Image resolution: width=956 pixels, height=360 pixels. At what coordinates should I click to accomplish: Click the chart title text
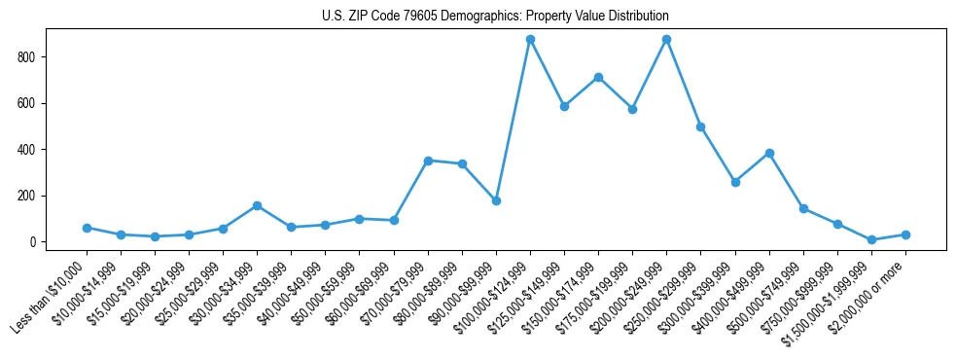[x=495, y=17]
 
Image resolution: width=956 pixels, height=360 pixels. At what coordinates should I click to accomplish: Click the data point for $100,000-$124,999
[x=530, y=40]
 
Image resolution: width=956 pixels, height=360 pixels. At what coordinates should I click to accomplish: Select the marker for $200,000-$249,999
[x=666, y=40]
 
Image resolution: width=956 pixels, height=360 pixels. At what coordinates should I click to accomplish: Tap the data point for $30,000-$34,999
[x=257, y=205]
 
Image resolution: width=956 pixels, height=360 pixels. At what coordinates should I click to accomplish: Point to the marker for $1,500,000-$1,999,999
[x=871, y=239]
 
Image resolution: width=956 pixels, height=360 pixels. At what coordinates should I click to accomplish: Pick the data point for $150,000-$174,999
[x=598, y=77]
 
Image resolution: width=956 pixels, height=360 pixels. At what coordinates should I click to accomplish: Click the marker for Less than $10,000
[x=87, y=228]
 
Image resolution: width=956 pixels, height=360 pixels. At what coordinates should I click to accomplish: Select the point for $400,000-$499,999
[x=769, y=153]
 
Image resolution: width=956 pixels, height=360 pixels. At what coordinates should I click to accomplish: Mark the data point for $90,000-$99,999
[x=496, y=200]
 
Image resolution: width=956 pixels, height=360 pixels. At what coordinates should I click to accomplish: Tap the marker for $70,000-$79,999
[x=428, y=161]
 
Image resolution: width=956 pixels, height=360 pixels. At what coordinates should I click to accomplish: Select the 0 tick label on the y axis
[x=34, y=242]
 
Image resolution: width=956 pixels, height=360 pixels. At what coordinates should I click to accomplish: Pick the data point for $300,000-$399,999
[x=735, y=182]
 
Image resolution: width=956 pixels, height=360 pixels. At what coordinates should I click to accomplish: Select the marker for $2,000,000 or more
[x=905, y=234]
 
